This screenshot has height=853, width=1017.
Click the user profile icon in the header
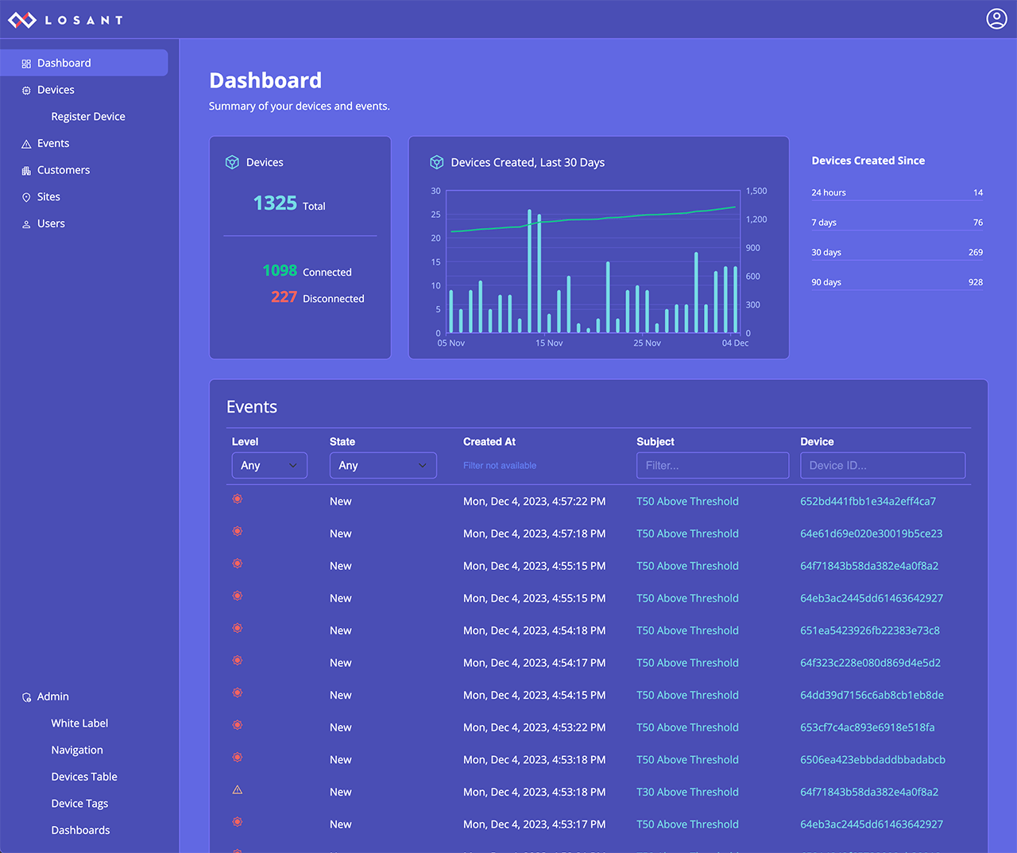[x=996, y=19]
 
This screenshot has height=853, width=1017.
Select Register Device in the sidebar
[x=88, y=117]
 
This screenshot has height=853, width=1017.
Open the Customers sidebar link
[x=64, y=170]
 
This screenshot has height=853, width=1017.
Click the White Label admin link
[x=79, y=723]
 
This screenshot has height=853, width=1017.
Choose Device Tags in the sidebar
[x=79, y=804]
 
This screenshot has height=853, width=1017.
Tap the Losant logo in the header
[x=65, y=20]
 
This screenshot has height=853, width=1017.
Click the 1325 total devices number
[x=275, y=204]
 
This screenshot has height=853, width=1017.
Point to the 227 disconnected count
[x=284, y=297]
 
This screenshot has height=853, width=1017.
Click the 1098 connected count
[x=280, y=271]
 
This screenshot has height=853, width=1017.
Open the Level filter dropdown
[x=269, y=466]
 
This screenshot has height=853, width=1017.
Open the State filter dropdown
[x=383, y=466]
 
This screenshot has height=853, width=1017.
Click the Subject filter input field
[x=712, y=466]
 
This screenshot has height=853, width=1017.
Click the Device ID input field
[x=882, y=466]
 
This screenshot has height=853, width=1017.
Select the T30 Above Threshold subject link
[x=687, y=793]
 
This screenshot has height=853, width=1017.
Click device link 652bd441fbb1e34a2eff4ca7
[x=868, y=502]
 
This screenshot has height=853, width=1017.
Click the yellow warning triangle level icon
[x=238, y=790]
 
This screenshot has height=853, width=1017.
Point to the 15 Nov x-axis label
[x=549, y=343]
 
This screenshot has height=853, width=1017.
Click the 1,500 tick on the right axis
[x=756, y=192]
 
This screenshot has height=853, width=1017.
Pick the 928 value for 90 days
[x=975, y=282]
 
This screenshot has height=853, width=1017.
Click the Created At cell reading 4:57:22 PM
[x=534, y=502]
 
